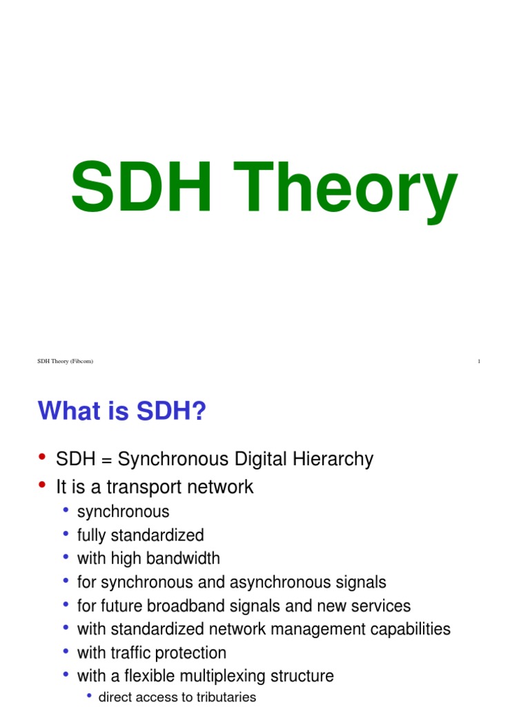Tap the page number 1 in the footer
(479, 362)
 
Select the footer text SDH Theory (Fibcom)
(65, 362)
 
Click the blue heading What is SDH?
(122, 412)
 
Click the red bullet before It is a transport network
(42, 485)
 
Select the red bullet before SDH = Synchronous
(42, 458)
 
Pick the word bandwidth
(181, 559)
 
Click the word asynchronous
(285, 582)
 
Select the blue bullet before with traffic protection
(66, 652)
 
